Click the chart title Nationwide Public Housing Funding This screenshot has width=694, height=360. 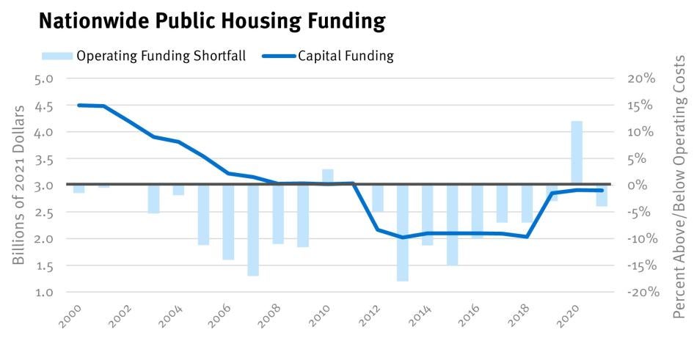pyautogui.click(x=211, y=21)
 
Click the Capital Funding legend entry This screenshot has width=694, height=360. pyautogui.click(x=345, y=56)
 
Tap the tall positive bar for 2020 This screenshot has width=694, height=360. pyautogui.click(x=577, y=153)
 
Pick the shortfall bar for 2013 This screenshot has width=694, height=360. pyautogui.click(x=402, y=232)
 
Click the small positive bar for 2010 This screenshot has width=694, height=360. pyautogui.click(x=327, y=177)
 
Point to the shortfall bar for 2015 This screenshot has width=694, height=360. pyautogui.click(x=452, y=224)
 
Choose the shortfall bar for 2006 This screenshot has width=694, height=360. pyautogui.click(x=227, y=222)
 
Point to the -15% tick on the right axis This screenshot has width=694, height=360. pyautogui.click(x=637, y=265)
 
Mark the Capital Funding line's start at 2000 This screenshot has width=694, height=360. pyautogui.click(x=78, y=105)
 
